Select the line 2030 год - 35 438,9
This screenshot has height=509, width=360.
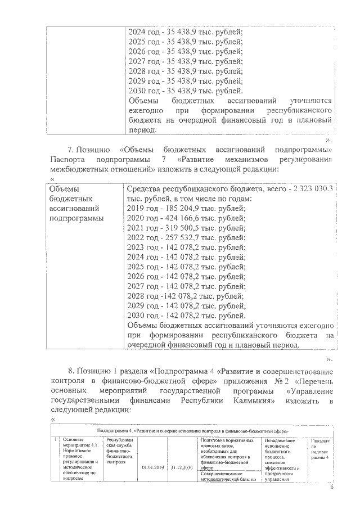click(x=185, y=91)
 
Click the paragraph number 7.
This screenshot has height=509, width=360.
click(x=70, y=150)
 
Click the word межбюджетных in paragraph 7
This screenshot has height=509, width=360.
click(x=78, y=169)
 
